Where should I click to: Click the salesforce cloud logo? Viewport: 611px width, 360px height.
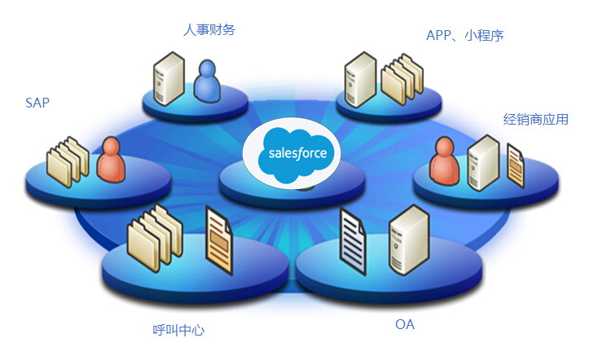pos(292,153)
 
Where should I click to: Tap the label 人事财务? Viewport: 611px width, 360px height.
pos(209,30)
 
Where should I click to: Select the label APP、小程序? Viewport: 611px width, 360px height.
pos(470,35)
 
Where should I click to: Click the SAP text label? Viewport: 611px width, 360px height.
pos(37,103)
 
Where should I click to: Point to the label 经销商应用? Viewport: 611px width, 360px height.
pos(535,120)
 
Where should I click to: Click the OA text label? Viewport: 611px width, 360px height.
pos(405,325)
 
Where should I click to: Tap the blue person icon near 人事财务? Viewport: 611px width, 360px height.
pos(209,80)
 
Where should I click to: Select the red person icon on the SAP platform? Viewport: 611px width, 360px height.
pos(110,160)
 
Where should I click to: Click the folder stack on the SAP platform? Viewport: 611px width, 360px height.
pos(67,161)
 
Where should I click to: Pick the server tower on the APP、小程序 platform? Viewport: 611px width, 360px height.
pos(359,78)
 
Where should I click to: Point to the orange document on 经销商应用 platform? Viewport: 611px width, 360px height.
pos(515,165)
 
